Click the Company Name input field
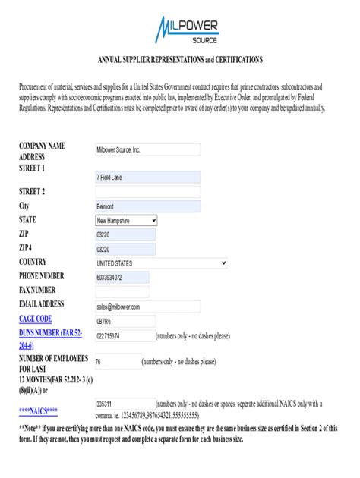click(147, 150)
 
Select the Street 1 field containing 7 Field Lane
click(147, 178)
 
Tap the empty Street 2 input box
click(147, 192)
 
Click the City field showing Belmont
click(147, 206)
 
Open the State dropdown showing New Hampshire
click(126, 220)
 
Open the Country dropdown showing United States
click(160, 263)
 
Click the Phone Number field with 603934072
click(122, 277)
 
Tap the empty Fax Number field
click(122, 291)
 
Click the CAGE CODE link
click(36, 319)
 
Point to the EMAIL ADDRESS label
click(46, 304)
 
